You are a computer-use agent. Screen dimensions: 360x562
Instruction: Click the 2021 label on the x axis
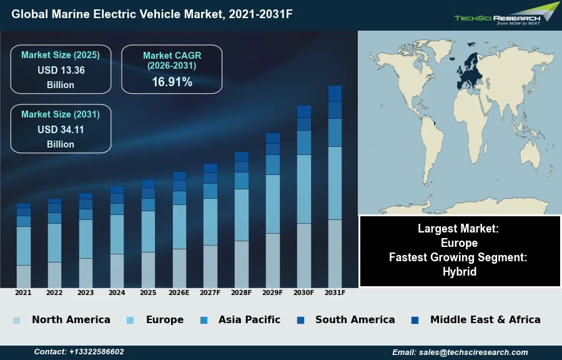[23, 292]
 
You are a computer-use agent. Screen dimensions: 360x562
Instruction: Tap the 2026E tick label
[179, 292]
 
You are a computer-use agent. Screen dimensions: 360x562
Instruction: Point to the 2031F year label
[335, 292]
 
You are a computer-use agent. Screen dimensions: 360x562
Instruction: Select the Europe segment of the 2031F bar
[335, 183]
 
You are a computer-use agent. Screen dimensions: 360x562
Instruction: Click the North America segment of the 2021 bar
[24, 276]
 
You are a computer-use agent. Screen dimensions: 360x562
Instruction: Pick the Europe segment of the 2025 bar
[148, 231]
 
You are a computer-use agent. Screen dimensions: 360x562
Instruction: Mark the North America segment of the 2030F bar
[304, 255]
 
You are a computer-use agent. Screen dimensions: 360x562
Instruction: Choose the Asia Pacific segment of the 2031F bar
[335, 132]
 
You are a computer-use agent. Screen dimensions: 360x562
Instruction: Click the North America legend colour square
[16, 320]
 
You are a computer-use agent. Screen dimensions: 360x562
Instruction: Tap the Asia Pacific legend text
[249, 319]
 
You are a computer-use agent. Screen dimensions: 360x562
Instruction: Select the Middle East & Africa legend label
[485, 319]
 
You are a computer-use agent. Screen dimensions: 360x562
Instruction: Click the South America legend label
[355, 319]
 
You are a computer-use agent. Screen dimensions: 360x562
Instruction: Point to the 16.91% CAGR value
[172, 82]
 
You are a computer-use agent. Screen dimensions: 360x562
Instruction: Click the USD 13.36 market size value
[61, 70]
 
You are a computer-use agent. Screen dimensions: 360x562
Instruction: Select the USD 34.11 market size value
[61, 129]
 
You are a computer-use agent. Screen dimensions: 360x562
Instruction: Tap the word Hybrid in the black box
[460, 271]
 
